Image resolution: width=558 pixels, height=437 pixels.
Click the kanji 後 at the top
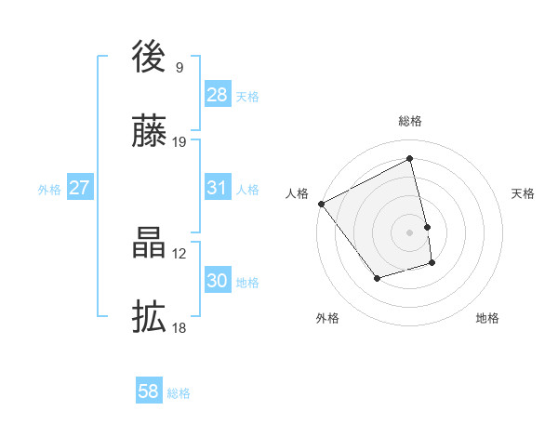click(x=149, y=59)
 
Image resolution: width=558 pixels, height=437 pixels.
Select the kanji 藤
click(x=149, y=133)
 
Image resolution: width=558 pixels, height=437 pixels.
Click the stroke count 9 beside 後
click(x=179, y=67)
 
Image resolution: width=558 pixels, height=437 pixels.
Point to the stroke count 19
click(x=179, y=141)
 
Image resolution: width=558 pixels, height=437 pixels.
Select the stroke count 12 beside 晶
click(x=179, y=253)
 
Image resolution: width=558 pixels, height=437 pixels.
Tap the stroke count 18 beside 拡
click(x=179, y=327)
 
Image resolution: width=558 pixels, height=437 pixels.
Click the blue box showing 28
click(x=217, y=95)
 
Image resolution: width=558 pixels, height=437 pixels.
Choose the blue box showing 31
click(x=217, y=188)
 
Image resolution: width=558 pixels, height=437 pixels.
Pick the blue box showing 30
click(x=217, y=281)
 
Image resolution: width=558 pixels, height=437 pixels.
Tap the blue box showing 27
click(x=79, y=188)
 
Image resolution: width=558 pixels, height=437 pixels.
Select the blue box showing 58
click(x=149, y=391)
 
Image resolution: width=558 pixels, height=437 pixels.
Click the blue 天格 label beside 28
click(x=247, y=97)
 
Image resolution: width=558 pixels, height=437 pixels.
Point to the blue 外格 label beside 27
click(x=49, y=190)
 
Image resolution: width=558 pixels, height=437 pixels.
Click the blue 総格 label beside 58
click(x=179, y=393)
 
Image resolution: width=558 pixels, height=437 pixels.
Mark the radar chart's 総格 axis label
click(x=410, y=122)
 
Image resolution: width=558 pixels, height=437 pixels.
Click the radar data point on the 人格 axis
click(x=322, y=204)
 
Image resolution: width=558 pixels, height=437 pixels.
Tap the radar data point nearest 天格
click(x=427, y=226)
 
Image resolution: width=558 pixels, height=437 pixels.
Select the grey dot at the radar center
click(x=410, y=232)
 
